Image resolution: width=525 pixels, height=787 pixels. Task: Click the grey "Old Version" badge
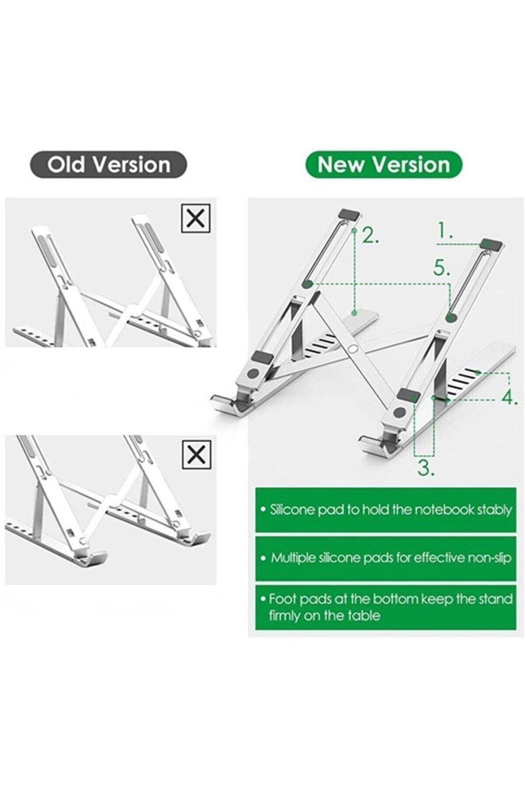coord(108,164)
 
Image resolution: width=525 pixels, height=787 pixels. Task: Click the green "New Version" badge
coord(383,164)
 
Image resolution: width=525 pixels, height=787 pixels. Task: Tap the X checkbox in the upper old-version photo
coord(195,218)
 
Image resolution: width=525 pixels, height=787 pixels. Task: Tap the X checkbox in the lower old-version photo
coord(196,455)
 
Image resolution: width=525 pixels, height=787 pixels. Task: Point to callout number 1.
coord(445,230)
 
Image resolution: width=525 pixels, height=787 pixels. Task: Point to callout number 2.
coord(370,236)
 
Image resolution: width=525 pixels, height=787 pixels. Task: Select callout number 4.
coord(510,398)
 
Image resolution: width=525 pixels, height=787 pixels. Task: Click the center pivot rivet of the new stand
coord(354,349)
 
